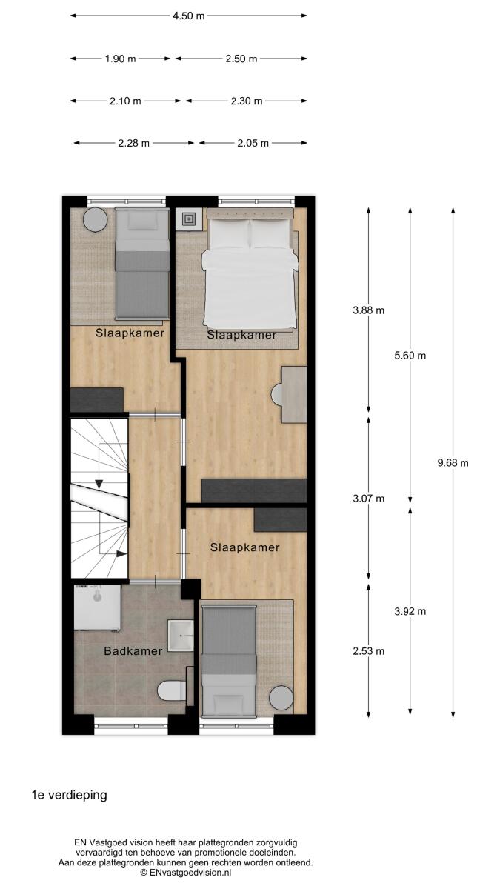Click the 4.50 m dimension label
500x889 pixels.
[x=188, y=16]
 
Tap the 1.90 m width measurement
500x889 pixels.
[x=120, y=59]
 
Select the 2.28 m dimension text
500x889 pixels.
[x=134, y=143]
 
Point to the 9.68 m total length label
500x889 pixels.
[x=453, y=463]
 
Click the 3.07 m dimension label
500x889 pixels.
[x=369, y=498]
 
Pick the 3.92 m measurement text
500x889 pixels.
[x=410, y=611]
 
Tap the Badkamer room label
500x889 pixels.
[x=133, y=651]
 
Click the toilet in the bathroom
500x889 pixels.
[x=171, y=691]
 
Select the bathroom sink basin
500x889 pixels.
[x=181, y=636]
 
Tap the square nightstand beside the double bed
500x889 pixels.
[x=189, y=219]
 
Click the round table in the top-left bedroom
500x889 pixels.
[x=96, y=220]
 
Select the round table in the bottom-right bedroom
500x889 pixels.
[x=281, y=697]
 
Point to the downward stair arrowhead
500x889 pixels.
[x=99, y=485]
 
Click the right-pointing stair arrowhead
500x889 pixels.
[x=121, y=553]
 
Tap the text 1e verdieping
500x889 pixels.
[x=70, y=796]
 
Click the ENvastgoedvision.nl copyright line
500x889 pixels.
[x=186, y=873]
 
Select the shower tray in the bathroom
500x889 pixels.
[x=98, y=607]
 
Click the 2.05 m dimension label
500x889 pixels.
[x=253, y=143]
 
